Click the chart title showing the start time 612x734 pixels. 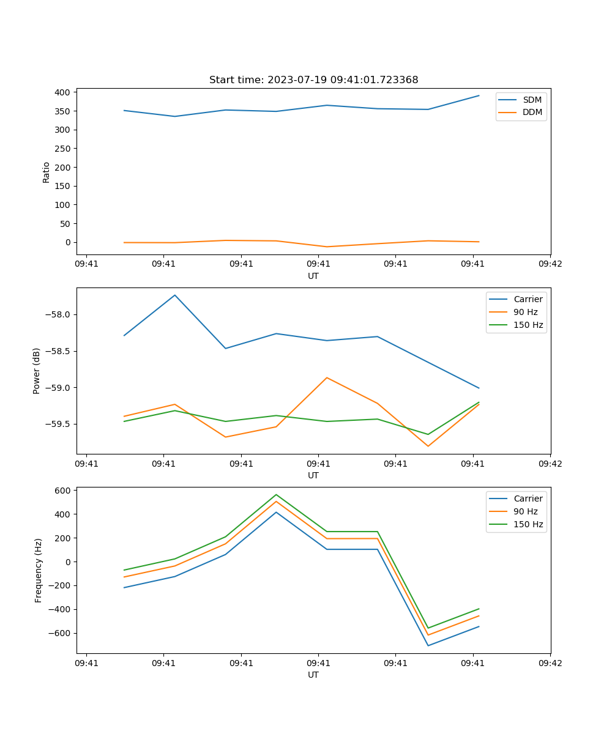[313, 80]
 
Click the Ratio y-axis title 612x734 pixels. [47, 172]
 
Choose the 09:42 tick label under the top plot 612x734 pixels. [550, 264]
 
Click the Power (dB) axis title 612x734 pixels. [37, 371]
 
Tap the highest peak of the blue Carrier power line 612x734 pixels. [175, 295]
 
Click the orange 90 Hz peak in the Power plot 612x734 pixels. [327, 377]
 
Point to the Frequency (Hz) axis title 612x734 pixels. [38, 570]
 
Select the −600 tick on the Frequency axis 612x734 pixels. [61, 633]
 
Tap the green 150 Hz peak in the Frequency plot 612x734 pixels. [276, 495]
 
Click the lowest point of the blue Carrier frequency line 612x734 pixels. [428, 645]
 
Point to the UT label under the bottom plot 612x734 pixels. [313, 675]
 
